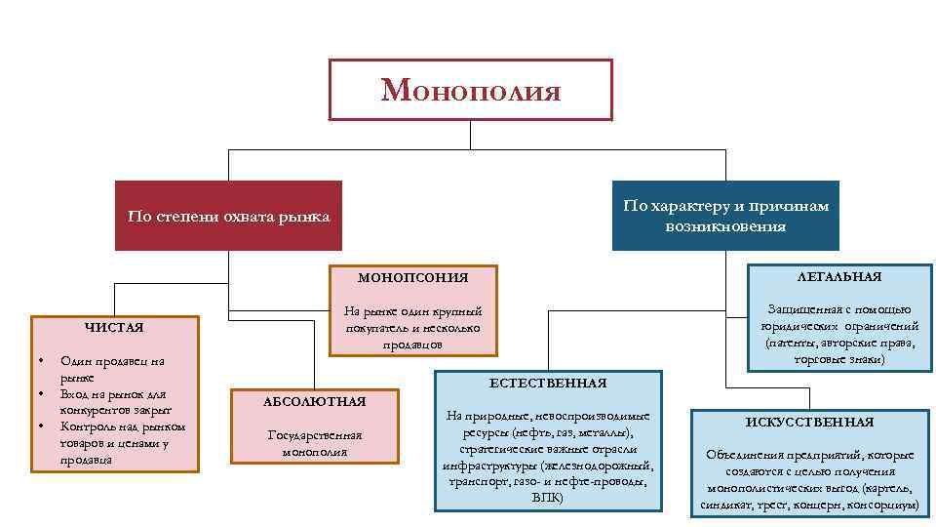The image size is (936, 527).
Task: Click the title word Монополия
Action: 471,91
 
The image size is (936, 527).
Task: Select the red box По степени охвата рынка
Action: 228,216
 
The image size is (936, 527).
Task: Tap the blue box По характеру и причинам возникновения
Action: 725,216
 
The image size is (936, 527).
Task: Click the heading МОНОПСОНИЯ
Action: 412,278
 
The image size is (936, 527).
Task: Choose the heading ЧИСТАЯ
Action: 114,328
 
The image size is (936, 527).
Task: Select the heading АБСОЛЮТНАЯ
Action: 314,401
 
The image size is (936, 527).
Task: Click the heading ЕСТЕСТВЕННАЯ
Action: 547,384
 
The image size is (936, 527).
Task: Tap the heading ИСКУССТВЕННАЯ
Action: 809,422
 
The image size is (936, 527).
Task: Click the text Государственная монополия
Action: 314,443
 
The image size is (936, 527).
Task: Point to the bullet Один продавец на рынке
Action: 111,368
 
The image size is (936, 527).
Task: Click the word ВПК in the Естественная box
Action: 547,497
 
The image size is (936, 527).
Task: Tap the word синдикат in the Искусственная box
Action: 727,506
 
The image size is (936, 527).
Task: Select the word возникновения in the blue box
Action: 725,226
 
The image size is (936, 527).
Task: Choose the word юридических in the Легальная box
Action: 797,327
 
